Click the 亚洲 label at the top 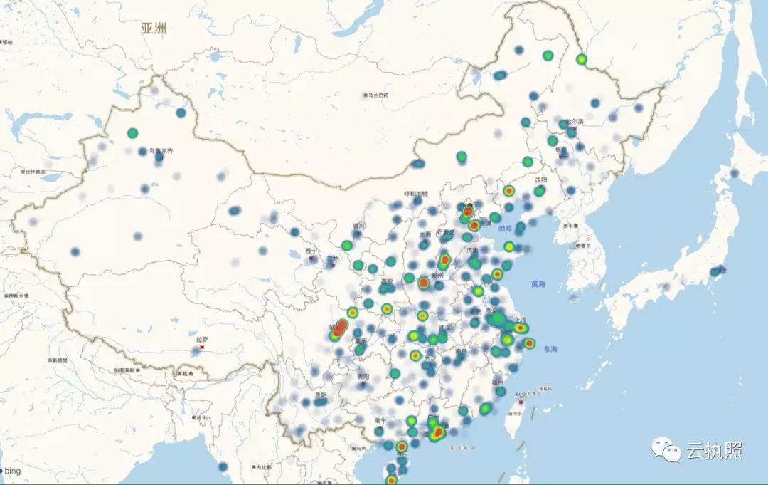point(154,28)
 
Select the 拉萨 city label point(201,340)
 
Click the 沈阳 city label point(541,180)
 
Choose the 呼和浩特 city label point(417,194)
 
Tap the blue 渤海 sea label point(504,229)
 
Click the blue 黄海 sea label point(538,284)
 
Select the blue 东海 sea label point(550,350)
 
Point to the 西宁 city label point(311,251)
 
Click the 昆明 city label point(320,395)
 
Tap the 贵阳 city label point(363,376)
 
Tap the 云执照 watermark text point(714,450)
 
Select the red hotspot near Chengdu point(339,328)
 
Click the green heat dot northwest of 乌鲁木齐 point(132,133)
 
